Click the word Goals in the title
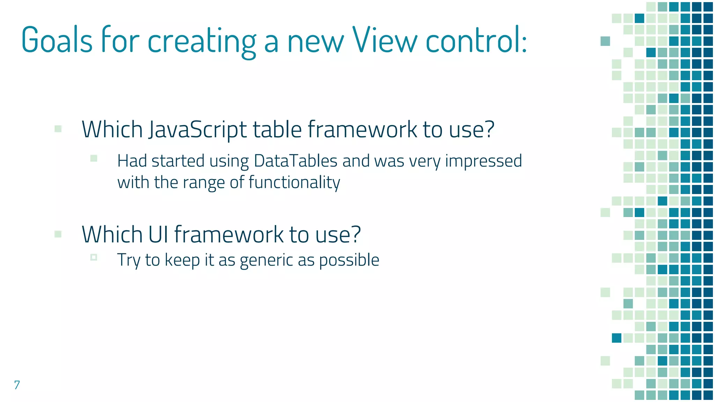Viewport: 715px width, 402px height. coord(57,40)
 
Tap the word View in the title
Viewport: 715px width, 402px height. coord(384,40)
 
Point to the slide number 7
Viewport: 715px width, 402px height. coord(17,385)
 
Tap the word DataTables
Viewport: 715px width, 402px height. coord(295,161)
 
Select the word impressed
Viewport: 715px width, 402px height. coord(484,161)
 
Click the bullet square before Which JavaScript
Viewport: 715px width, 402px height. coord(58,129)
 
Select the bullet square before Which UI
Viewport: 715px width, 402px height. coord(58,234)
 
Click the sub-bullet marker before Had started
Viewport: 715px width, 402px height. coord(94,158)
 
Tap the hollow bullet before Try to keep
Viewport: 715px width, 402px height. coord(94,257)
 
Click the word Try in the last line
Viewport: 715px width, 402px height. coord(128,260)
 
